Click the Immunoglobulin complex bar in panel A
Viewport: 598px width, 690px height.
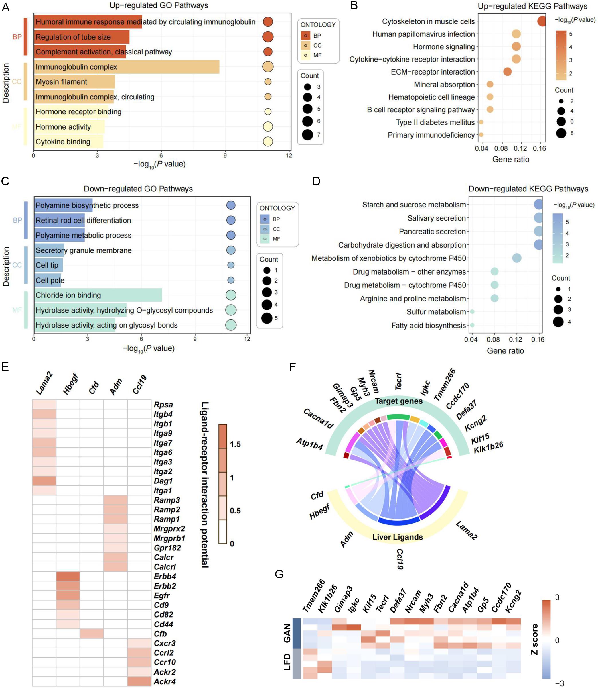click(127, 67)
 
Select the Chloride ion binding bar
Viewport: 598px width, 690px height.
click(98, 295)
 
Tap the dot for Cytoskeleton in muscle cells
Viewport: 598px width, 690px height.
click(542, 21)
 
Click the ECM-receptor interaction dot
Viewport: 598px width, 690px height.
click(507, 72)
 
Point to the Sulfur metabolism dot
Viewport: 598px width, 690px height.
click(472, 311)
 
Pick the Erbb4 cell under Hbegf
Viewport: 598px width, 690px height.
click(68, 576)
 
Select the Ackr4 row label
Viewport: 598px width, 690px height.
click(165, 681)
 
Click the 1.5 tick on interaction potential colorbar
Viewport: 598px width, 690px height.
click(235, 444)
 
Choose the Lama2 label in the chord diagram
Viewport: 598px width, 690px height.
click(466, 530)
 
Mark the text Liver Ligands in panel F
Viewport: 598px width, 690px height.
click(397, 537)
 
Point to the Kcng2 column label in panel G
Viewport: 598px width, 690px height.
click(513, 601)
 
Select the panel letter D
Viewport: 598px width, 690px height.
click(316, 181)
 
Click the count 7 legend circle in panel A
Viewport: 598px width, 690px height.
click(307, 135)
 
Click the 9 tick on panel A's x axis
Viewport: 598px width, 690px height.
click(225, 156)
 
